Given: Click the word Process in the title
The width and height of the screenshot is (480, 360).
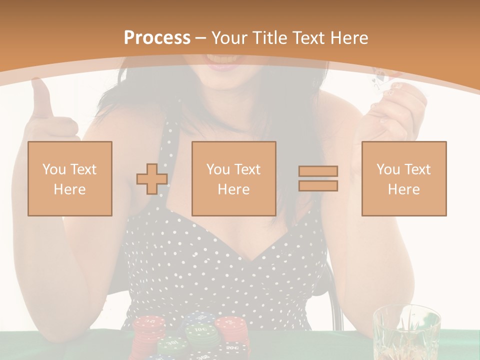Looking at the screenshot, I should [157, 38].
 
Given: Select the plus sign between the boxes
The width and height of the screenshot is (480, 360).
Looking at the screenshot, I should [152, 178].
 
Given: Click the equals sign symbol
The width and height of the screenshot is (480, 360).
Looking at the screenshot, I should [318, 178].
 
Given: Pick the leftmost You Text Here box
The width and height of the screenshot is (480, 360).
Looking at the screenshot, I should [70, 178].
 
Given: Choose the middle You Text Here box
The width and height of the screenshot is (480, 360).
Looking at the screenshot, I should [234, 178].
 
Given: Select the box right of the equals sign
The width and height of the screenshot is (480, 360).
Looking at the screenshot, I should [404, 178].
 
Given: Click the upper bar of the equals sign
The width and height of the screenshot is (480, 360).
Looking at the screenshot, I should [318, 171].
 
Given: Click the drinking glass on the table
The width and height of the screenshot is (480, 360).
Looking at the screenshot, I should [406, 332].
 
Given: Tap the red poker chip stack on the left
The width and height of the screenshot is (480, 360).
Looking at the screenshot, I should [148, 332].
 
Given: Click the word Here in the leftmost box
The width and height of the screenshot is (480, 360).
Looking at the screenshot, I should [69, 189].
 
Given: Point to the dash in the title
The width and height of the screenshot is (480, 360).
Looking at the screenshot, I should [201, 38].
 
